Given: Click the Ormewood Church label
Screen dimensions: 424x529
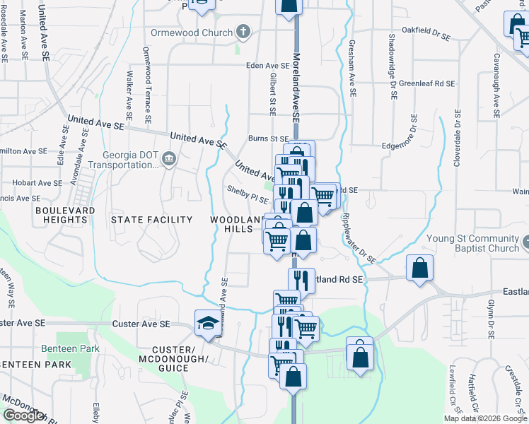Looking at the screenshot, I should pyautogui.click(x=191, y=33).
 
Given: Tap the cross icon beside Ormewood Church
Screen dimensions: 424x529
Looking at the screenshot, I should pyautogui.click(x=243, y=32).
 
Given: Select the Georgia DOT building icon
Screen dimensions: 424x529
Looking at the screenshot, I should pyautogui.click(x=168, y=158).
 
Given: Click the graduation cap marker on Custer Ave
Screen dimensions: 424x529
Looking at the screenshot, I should pyautogui.click(x=207, y=324).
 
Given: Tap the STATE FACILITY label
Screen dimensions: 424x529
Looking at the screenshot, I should pyautogui.click(x=151, y=220).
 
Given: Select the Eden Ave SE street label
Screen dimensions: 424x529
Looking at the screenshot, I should pyautogui.click(x=268, y=65).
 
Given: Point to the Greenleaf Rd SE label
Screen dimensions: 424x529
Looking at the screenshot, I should pyautogui.click(x=426, y=83).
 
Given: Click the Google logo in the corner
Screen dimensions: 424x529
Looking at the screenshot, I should pyautogui.click(x=24, y=416).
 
